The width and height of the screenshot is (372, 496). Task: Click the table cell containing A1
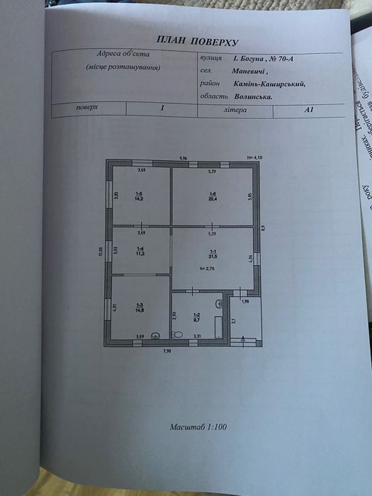pyautogui.click(x=308, y=109)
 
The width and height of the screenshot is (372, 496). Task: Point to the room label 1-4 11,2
pyautogui.click(x=140, y=249)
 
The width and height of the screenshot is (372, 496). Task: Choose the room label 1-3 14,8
pyautogui.click(x=140, y=308)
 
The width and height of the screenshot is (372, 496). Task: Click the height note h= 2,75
pyautogui.click(x=206, y=269)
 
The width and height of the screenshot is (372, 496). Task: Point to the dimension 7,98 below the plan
pyautogui.click(x=167, y=351)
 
